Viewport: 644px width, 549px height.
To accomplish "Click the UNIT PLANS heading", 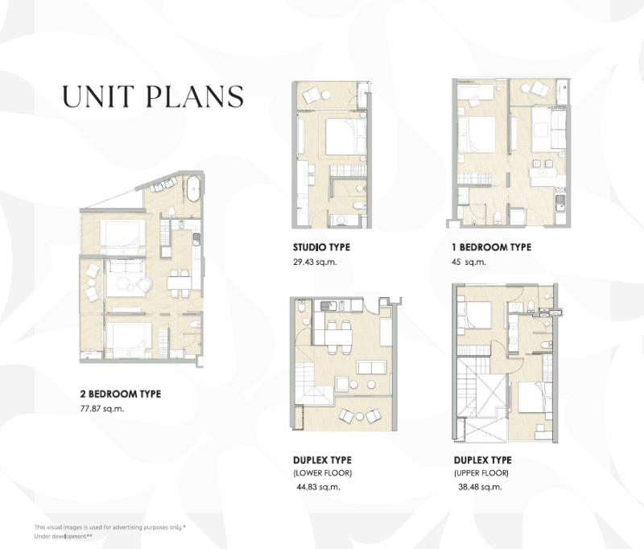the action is point(153,97).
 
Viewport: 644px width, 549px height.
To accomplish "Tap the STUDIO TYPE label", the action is point(321,247).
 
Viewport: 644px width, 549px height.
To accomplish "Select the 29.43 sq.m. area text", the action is point(315,262).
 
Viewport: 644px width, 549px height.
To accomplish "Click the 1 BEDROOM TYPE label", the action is point(491,247).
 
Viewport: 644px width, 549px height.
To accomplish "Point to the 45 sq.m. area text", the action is point(469,262).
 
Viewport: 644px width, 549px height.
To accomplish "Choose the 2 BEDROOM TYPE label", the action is point(120,394).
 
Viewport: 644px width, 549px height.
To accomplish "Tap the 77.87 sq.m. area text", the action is point(102,409).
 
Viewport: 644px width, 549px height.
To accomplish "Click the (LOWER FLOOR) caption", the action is point(323,473).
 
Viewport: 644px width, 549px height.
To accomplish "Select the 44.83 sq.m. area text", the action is point(318,487).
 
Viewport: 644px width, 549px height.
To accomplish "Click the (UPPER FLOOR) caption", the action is point(481,473).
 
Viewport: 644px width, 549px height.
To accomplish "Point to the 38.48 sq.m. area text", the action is point(480,487).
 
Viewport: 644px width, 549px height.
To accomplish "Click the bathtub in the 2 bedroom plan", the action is point(193,188).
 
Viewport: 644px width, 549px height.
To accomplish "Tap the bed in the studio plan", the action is point(346,136).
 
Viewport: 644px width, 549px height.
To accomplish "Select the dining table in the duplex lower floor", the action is point(338,337).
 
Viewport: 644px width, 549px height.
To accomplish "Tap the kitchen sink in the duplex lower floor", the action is point(328,305).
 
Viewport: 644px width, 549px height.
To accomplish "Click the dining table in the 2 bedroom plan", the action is point(179,283).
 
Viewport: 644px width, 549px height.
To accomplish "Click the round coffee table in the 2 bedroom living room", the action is point(124,283).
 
